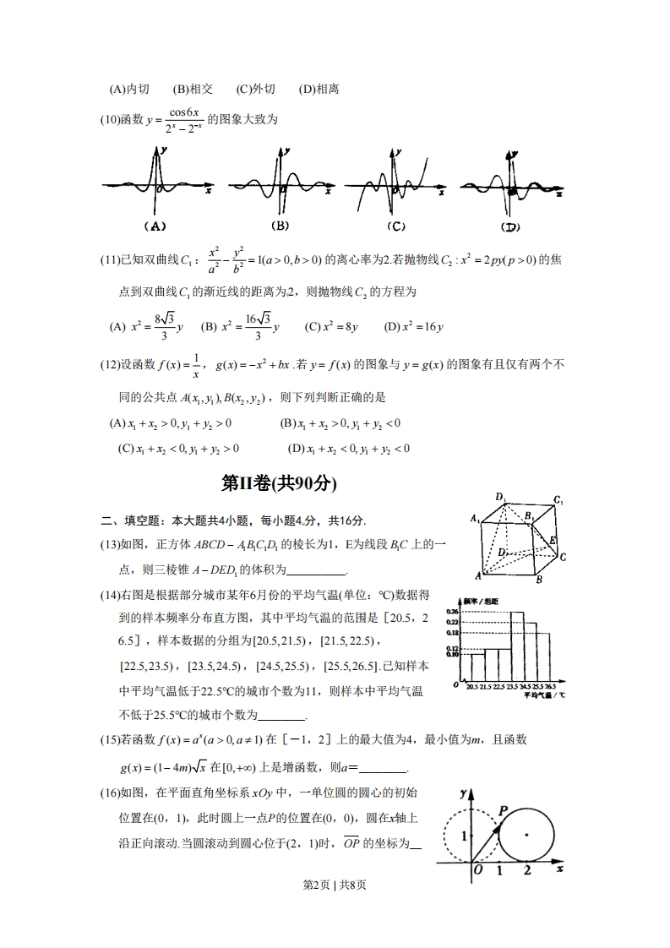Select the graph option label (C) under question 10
click(x=394, y=226)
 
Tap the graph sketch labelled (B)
click(x=279, y=183)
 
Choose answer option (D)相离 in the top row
click(x=319, y=89)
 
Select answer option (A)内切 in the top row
click(x=129, y=89)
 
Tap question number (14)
click(x=112, y=596)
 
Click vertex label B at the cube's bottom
click(x=538, y=580)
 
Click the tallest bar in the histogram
click(x=517, y=646)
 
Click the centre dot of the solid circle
click(x=526, y=835)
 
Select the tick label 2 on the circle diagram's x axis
click(x=527, y=869)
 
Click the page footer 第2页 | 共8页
click(x=335, y=885)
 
